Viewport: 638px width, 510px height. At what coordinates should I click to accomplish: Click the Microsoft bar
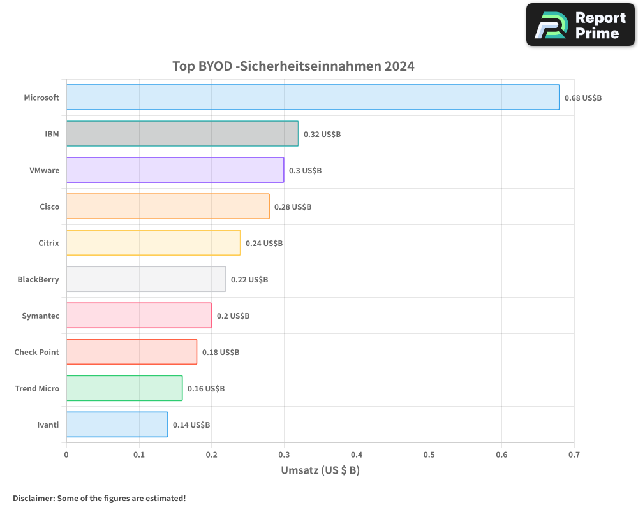tap(313, 98)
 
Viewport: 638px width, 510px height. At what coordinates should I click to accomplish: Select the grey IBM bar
tap(182, 134)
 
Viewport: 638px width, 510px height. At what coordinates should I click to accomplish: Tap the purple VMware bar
tap(175, 170)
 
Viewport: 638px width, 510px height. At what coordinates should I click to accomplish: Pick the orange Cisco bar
tap(168, 207)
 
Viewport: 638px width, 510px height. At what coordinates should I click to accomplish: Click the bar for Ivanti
tap(117, 425)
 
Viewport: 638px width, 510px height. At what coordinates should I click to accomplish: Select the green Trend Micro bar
tap(124, 388)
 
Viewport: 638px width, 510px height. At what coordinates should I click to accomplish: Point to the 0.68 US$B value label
tap(583, 98)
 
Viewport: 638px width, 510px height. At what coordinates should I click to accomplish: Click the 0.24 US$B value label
tap(264, 244)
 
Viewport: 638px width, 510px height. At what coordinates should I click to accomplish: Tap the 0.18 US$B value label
tap(221, 353)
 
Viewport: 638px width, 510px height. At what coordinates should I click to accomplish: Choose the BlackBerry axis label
tap(38, 279)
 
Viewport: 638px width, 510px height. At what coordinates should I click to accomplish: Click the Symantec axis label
tap(40, 316)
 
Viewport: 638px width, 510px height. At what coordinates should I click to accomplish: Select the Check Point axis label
tap(36, 352)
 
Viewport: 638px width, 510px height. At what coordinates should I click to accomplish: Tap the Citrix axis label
tap(48, 243)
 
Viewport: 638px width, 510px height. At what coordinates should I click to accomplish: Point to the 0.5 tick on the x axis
tap(429, 455)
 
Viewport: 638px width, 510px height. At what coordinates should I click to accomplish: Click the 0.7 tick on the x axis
tap(574, 455)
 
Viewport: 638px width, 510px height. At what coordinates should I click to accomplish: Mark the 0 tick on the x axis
tap(66, 455)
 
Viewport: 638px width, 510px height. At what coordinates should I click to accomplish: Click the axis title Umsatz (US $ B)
tap(320, 470)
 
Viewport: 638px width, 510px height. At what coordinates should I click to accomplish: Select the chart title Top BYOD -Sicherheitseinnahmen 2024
tap(293, 66)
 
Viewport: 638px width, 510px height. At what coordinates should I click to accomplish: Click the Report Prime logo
tap(581, 25)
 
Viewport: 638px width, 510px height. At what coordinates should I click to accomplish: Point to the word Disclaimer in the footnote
tap(33, 498)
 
